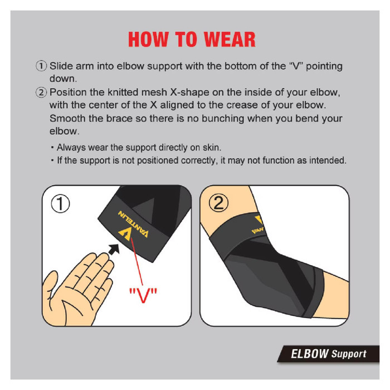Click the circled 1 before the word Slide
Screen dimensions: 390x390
41,66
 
